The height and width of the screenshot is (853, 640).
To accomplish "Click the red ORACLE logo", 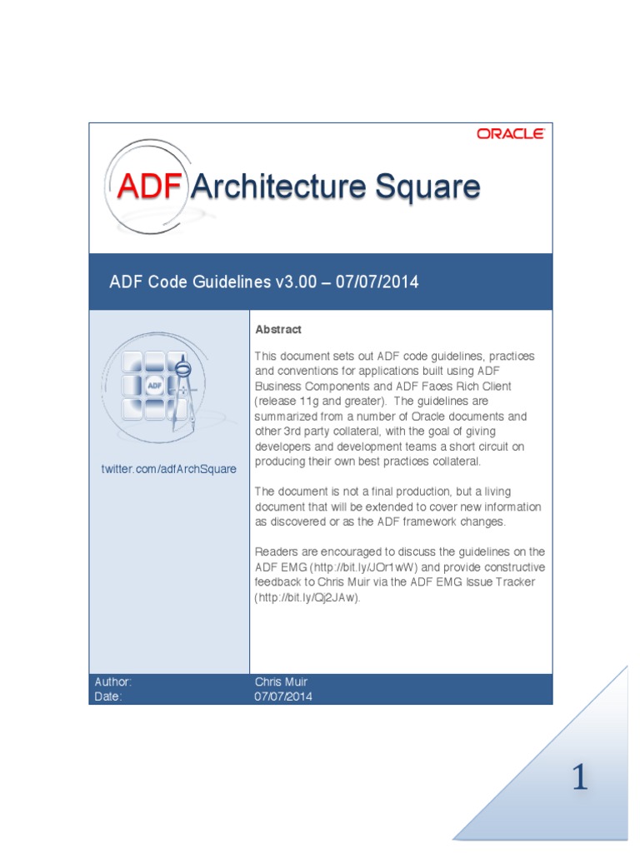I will [x=510, y=133].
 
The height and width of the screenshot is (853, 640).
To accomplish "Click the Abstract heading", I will [x=278, y=330].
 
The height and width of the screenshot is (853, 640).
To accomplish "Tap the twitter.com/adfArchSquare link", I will [x=168, y=469].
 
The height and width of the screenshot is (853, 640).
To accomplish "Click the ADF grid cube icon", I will [x=154, y=385].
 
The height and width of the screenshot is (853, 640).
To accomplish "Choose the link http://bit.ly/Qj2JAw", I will [x=307, y=598].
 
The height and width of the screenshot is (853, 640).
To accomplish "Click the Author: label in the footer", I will [x=112, y=681].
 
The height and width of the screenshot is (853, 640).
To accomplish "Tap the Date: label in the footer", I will [x=108, y=696].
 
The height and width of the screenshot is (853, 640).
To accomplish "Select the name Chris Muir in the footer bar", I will [x=281, y=681].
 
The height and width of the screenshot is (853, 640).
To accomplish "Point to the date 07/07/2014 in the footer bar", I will [x=283, y=696].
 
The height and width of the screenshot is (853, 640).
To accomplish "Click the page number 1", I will [x=579, y=778].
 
